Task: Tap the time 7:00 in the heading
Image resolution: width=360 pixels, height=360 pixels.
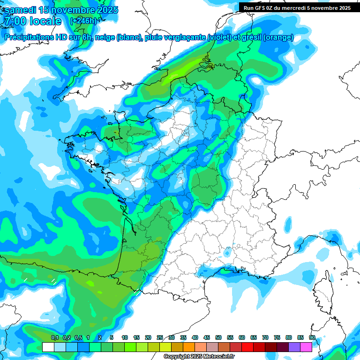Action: [x=15, y=22]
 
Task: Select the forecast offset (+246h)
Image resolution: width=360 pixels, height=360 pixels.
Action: [x=83, y=21]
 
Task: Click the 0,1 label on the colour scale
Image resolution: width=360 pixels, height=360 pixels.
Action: [x=55, y=338]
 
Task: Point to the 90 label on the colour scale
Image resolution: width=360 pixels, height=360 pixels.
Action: [x=312, y=338]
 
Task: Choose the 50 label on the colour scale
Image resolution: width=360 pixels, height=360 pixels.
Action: [x=218, y=338]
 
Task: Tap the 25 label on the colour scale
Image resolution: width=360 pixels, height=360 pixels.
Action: [x=160, y=338]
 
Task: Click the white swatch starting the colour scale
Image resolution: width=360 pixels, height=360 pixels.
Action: [x=48, y=347]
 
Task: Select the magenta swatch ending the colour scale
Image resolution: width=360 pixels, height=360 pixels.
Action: [x=306, y=347]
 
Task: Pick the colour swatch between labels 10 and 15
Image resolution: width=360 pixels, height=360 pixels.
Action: [x=130, y=347]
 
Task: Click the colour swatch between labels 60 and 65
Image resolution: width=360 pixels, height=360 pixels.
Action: [x=247, y=347]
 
